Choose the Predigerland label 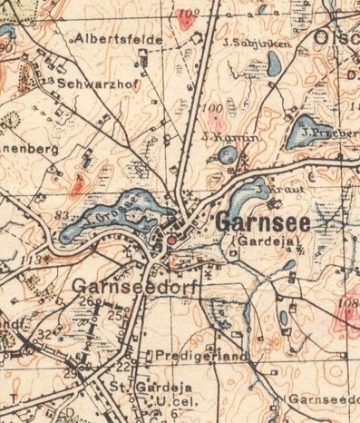click(x=201, y=357)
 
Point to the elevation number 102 click(x=188, y=14)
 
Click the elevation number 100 click(x=214, y=110)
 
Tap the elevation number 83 click(x=63, y=215)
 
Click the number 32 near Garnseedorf click(x=44, y=335)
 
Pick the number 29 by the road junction click(x=70, y=373)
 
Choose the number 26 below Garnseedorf click(x=87, y=300)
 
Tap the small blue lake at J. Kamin click(x=225, y=155)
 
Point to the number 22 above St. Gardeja click(x=122, y=366)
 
